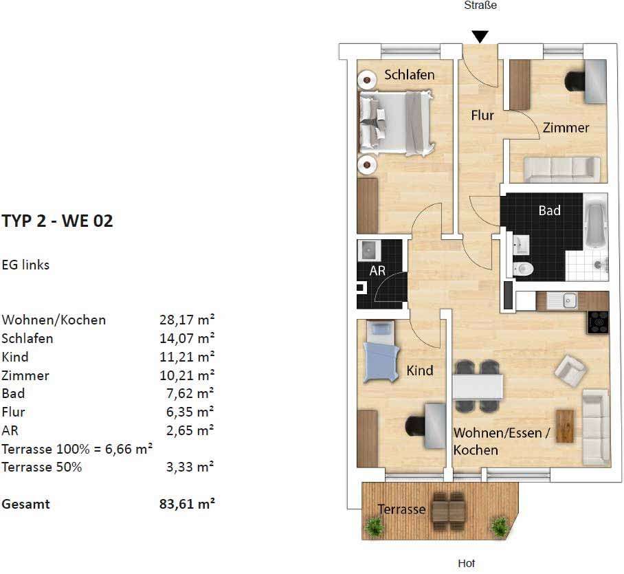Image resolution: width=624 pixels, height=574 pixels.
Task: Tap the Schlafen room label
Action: click(x=409, y=75)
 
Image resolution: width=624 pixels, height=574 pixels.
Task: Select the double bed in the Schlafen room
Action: click(x=395, y=122)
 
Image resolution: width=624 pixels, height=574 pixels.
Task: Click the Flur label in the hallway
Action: click(x=482, y=115)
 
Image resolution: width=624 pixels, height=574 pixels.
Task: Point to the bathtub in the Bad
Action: click(x=596, y=221)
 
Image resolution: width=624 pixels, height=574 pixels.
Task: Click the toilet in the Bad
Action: click(x=523, y=269)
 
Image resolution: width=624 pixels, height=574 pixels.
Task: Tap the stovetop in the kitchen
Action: click(x=598, y=322)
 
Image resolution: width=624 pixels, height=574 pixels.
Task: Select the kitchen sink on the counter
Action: click(x=563, y=300)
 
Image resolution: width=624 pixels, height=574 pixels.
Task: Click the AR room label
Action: click(x=377, y=271)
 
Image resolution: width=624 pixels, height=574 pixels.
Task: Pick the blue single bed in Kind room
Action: click(x=381, y=353)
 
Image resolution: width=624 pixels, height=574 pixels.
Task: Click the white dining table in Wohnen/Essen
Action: click(x=478, y=386)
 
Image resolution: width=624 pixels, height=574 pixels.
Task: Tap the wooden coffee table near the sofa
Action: click(x=565, y=426)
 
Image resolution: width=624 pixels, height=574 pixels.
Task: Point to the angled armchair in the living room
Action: click(x=570, y=371)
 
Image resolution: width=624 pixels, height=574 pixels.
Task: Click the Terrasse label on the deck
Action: click(x=401, y=509)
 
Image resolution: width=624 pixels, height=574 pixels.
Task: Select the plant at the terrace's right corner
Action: click(x=500, y=527)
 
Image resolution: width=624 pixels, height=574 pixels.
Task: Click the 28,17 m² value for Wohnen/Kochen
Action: click(x=187, y=320)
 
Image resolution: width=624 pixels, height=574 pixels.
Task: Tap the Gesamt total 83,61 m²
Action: click(x=187, y=504)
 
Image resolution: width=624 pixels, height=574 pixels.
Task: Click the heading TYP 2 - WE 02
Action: click(x=57, y=221)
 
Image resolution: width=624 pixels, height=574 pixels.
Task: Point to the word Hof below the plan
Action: click(x=467, y=564)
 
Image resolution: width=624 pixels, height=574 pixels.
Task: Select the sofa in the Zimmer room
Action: click(x=562, y=168)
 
